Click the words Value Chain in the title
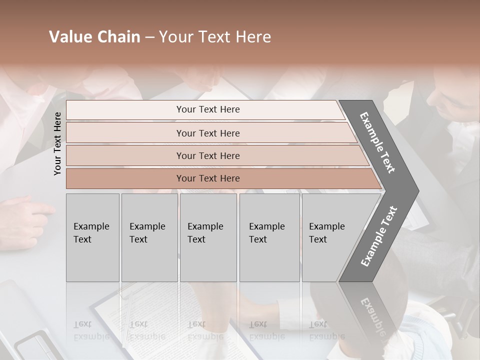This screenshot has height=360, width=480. (94, 37)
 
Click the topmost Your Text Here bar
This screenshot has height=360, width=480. (208, 109)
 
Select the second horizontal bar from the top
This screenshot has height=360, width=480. (208, 133)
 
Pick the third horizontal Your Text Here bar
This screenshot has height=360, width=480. (208, 155)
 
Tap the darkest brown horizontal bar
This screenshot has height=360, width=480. (208, 178)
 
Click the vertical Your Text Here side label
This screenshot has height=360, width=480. (57, 143)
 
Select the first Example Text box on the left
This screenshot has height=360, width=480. (92, 237)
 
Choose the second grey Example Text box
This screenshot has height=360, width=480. (149, 237)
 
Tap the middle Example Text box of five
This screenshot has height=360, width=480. (208, 237)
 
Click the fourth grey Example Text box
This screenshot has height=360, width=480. (269, 237)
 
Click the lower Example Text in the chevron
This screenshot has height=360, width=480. (379, 236)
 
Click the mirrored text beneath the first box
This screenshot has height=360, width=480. (91, 330)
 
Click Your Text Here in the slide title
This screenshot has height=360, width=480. (215, 37)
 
